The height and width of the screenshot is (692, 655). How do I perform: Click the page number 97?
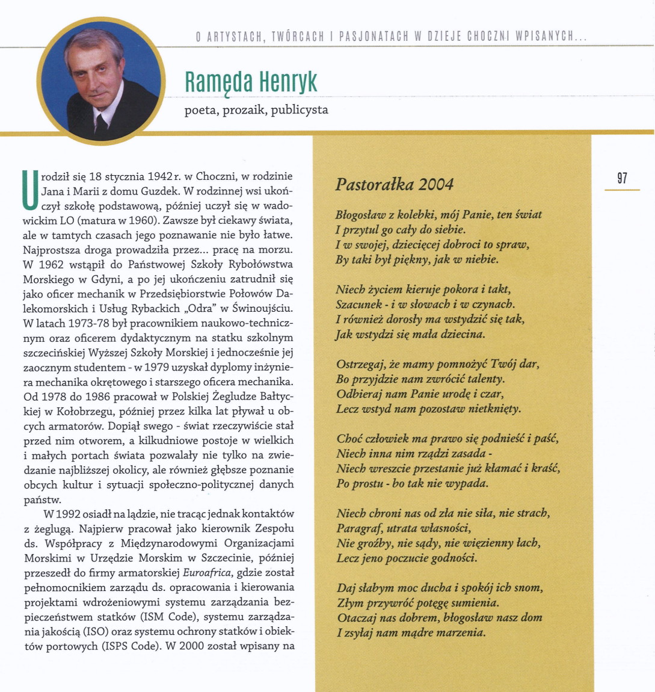tap(622, 178)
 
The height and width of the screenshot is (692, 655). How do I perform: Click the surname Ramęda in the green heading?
tap(220, 82)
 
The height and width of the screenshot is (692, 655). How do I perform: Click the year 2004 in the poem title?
tap(436, 184)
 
